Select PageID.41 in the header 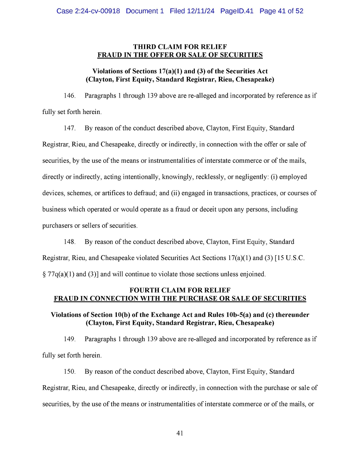click(x=237, y=11)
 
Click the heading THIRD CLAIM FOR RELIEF click(x=180, y=47)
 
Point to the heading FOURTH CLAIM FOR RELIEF click(x=180, y=290)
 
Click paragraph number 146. click(x=70, y=96)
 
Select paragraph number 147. click(x=70, y=128)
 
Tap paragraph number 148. click(x=70, y=242)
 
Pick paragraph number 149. click(x=70, y=339)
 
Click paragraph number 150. click(x=70, y=372)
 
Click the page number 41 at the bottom click(x=180, y=433)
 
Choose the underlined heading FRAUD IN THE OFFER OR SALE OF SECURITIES click(x=180, y=55)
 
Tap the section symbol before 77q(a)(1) click(x=44, y=274)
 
